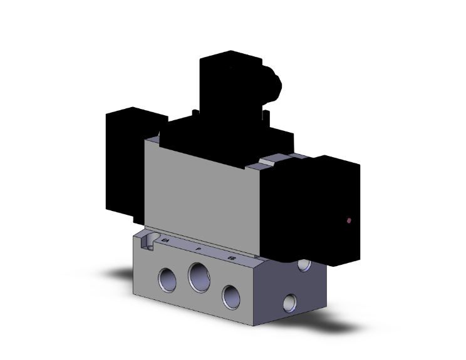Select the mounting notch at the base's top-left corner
[x=147, y=240]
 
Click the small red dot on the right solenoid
[x=348, y=220]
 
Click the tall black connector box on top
[x=225, y=88]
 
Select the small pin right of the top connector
[x=268, y=116]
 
